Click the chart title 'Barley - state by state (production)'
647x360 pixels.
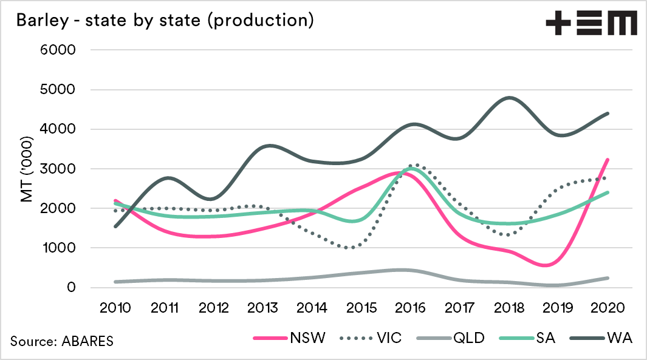coord(165,20)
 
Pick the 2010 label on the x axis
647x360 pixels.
coord(115,308)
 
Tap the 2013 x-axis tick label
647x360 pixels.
coord(262,308)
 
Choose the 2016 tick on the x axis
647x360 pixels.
coord(411,308)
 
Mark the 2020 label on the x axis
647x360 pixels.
coord(608,308)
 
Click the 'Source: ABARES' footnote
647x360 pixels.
coord(61,341)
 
